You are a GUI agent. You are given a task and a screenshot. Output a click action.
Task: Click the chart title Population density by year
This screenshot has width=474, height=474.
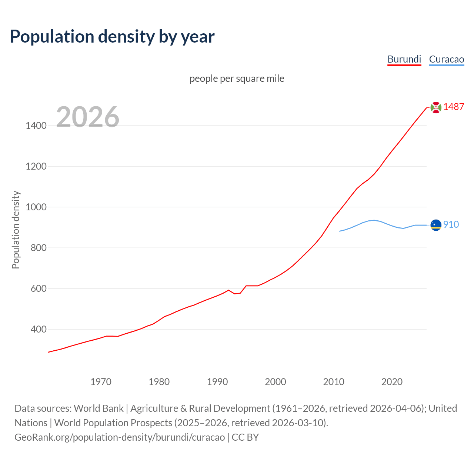coord(112,36)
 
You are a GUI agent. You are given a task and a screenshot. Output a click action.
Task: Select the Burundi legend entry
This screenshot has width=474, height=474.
coord(404,59)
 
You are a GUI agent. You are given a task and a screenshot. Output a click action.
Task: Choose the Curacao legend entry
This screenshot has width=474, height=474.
coord(446,59)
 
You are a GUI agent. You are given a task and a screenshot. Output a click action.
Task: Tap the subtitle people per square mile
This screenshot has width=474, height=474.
coord(237,79)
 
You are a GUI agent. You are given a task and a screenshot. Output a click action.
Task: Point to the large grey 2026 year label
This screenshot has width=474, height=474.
coord(88,117)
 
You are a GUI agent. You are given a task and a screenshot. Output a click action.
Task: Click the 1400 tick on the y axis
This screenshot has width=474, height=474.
coord(36,126)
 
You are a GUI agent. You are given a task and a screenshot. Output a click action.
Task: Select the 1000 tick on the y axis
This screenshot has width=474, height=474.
coord(36,207)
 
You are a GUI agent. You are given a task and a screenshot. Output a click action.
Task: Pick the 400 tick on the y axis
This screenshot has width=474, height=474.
coord(39,329)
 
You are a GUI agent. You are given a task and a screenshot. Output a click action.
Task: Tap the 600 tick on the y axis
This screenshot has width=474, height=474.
coord(39,288)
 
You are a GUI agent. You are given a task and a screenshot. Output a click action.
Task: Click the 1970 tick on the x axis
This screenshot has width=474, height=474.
coord(101,382)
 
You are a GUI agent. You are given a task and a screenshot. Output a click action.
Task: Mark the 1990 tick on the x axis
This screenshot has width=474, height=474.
coord(217,382)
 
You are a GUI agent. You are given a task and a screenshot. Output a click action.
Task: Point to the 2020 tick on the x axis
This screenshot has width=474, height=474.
coord(392,382)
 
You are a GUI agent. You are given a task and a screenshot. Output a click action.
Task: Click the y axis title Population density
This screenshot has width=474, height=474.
coord(16,230)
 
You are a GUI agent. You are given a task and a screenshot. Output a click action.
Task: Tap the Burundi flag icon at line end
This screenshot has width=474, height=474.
coord(436,107)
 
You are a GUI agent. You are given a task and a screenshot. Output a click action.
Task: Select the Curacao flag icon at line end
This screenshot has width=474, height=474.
coord(436,225)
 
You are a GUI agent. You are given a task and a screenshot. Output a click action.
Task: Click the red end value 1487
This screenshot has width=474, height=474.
coord(454,107)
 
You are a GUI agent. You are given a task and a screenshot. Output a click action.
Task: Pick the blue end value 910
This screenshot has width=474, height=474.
coord(451,224)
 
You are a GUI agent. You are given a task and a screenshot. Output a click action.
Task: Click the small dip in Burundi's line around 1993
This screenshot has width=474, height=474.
coord(235,294)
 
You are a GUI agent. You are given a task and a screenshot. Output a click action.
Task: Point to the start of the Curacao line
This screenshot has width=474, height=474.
coord(340,231)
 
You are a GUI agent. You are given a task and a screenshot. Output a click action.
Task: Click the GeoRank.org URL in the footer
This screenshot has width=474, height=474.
coord(120,437)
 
